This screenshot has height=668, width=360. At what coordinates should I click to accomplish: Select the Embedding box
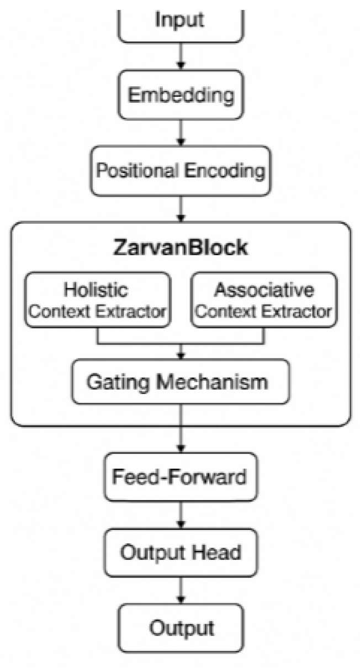(x=180, y=95)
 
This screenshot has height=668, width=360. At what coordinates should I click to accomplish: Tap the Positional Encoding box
(x=180, y=170)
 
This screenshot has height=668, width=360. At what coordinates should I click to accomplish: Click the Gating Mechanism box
(x=180, y=381)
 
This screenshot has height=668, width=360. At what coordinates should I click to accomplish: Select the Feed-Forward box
(x=180, y=476)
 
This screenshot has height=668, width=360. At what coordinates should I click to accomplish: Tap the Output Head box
(x=180, y=551)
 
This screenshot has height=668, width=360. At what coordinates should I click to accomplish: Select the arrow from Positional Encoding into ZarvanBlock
(x=180, y=209)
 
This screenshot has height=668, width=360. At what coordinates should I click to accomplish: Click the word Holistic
(x=97, y=290)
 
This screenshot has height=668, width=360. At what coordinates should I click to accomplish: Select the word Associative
(x=264, y=290)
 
